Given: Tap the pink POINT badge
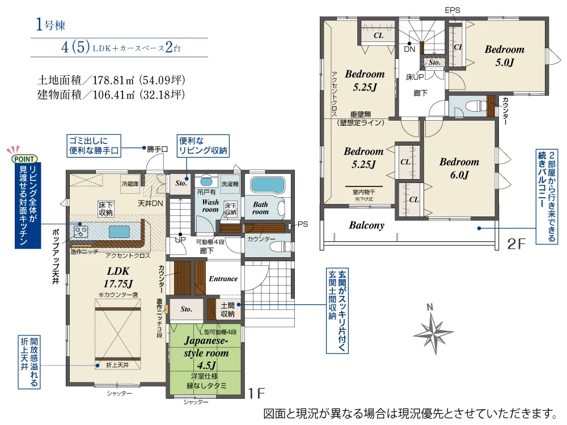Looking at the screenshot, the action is (24, 159).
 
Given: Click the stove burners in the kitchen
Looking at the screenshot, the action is (81, 231).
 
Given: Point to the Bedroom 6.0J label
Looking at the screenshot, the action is (459, 168).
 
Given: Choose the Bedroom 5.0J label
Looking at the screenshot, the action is (505, 56).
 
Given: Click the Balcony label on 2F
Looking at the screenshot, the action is (366, 225).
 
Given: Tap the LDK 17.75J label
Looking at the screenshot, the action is (118, 277).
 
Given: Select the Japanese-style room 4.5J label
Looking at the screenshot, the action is (206, 352).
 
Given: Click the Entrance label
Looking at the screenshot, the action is (223, 279).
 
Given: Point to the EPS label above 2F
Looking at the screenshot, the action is (452, 10).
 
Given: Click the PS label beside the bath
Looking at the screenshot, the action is (303, 224).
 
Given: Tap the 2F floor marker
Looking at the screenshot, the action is (516, 244).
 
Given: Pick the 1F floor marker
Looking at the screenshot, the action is (256, 393).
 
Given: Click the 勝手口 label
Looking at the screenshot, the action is (157, 149).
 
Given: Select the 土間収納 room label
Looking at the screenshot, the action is (227, 310).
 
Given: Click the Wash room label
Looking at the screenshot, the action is (210, 206).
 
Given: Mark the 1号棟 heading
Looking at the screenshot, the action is (50, 24).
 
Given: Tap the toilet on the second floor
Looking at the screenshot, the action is (476, 106).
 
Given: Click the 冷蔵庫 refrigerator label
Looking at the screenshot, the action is (130, 184).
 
